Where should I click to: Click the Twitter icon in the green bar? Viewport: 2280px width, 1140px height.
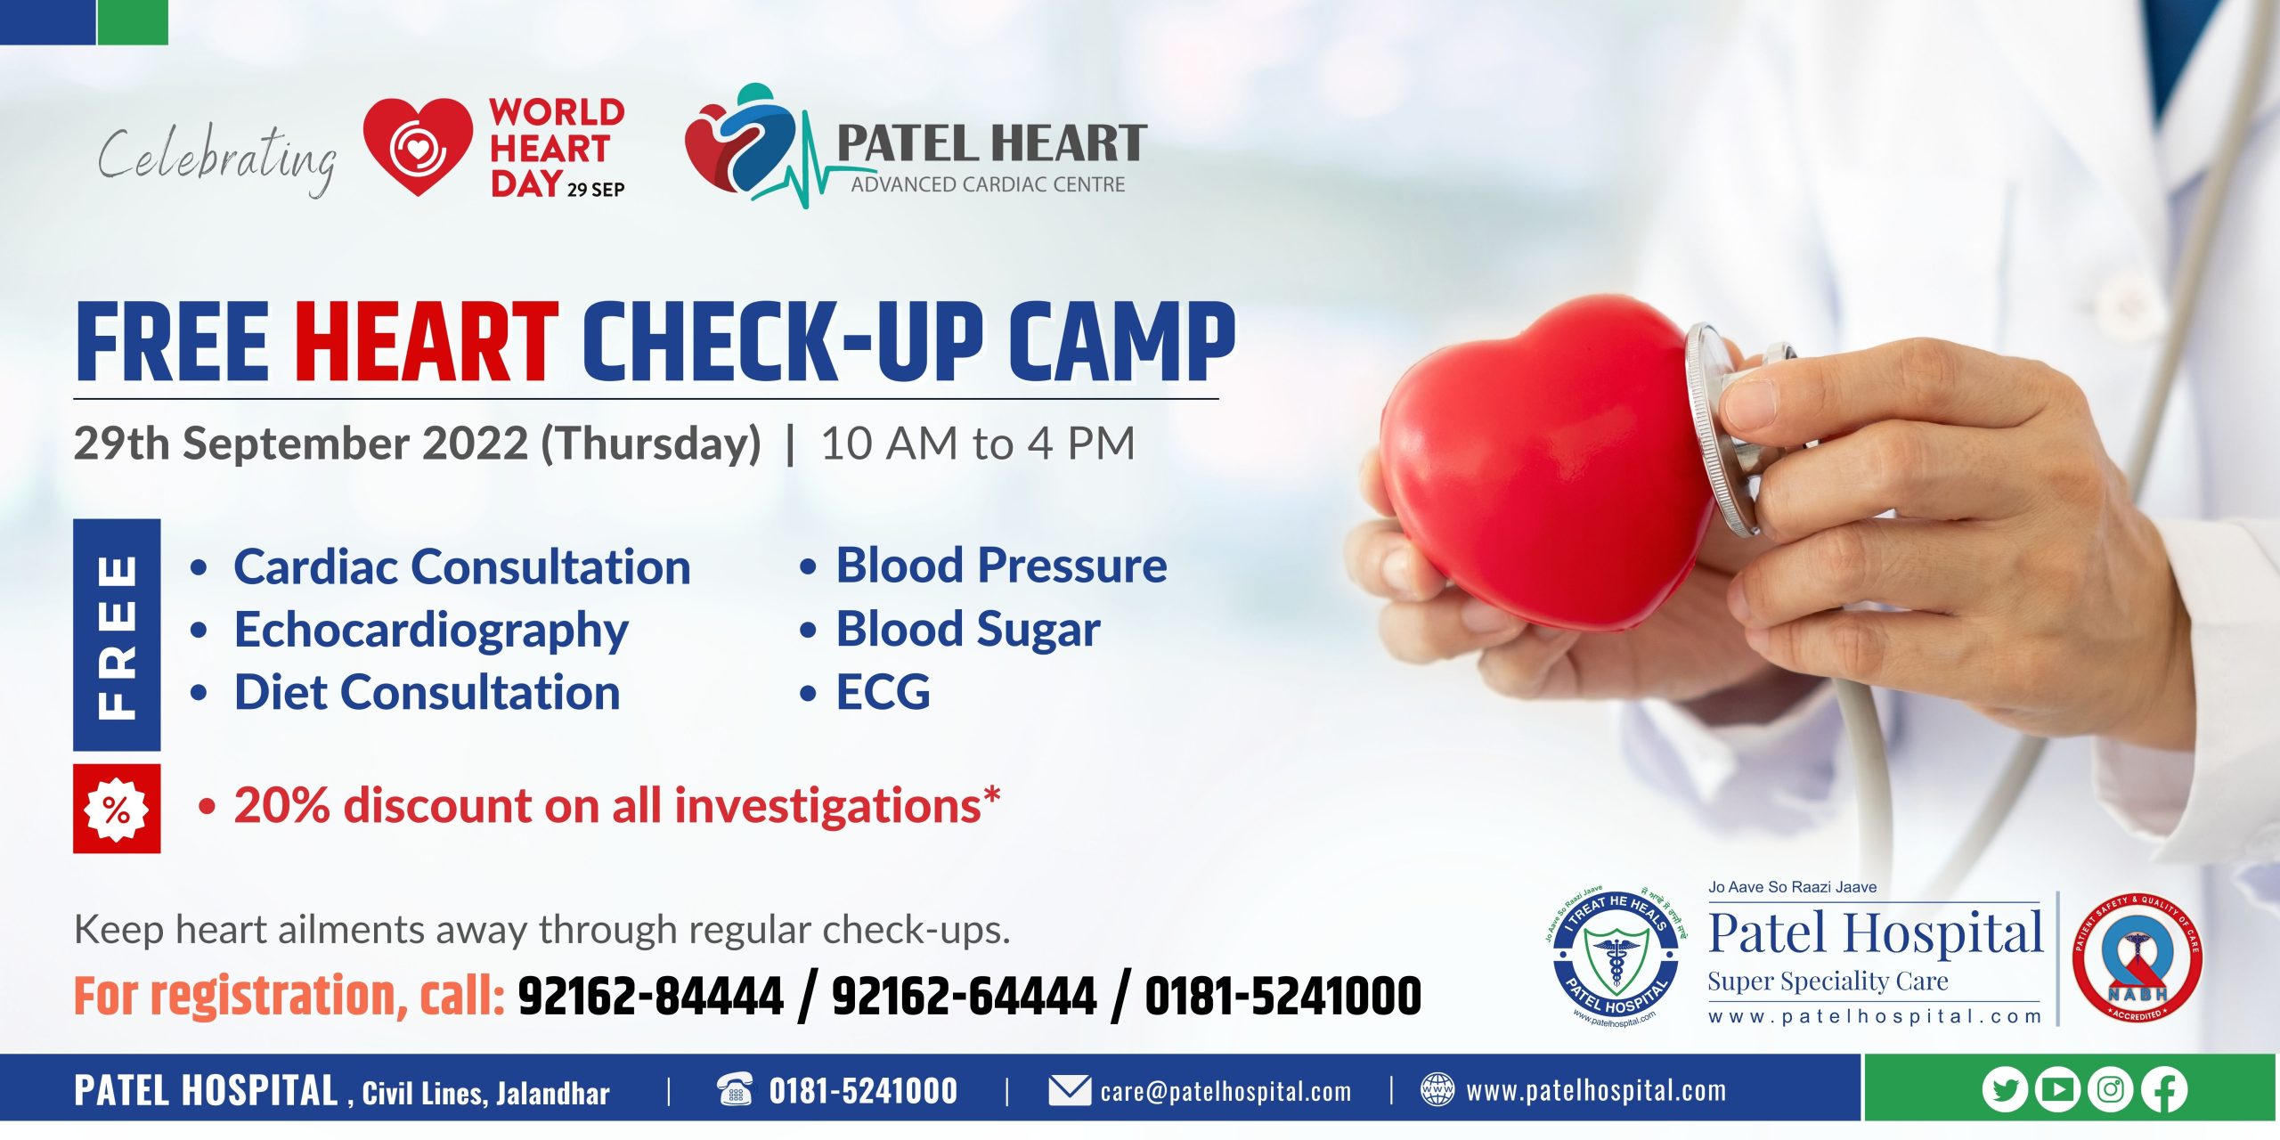pos(2005,1089)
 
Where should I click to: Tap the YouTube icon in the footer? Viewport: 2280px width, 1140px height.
pos(2057,1089)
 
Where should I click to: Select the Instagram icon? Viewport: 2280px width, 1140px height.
pos(2111,1089)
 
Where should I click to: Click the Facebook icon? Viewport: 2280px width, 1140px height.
pos(2164,1089)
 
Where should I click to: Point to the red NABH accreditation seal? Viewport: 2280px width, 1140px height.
pos(2137,958)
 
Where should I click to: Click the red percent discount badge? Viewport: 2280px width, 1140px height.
pos(117,809)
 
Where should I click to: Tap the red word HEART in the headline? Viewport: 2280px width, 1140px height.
pos(426,343)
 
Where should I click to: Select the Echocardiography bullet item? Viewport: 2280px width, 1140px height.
pos(431,630)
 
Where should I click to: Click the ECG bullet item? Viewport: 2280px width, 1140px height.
pos(882,692)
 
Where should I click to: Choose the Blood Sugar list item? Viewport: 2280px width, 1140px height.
pos(967,629)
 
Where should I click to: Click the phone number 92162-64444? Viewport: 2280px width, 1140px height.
pos(964,996)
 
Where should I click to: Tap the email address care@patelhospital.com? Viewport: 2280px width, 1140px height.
pos(1225,1091)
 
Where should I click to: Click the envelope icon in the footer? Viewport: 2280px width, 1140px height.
pos(1069,1090)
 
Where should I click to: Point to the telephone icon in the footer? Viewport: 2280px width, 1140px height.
pos(735,1089)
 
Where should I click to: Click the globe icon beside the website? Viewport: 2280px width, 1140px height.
pos(1437,1089)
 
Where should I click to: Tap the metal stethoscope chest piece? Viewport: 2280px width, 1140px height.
pos(1723,427)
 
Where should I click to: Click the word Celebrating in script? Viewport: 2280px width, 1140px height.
pos(217,157)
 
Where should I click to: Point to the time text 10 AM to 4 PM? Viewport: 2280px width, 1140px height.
pos(978,444)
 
